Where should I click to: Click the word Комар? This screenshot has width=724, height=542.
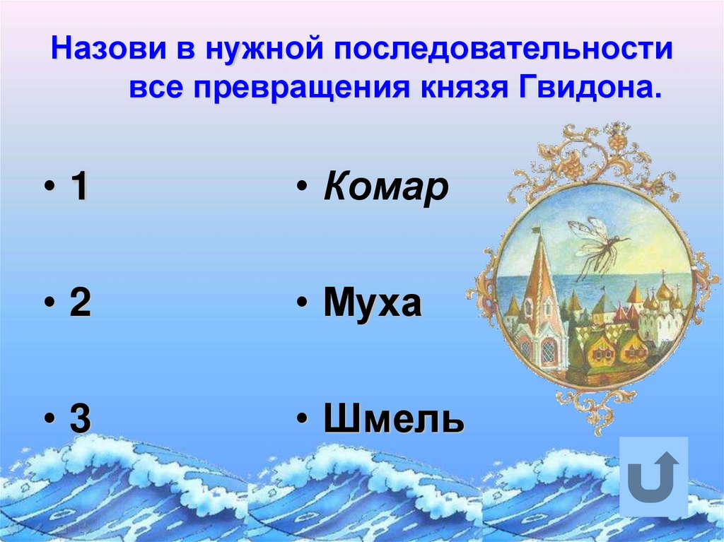click(x=386, y=189)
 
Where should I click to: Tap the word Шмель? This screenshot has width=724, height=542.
click(x=394, y=420)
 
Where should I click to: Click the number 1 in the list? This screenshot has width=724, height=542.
click(x=78, y=189)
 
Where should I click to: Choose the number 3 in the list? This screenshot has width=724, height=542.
click(x=79, y=420)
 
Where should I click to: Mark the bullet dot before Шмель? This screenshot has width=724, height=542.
click(x=301, y=421)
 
